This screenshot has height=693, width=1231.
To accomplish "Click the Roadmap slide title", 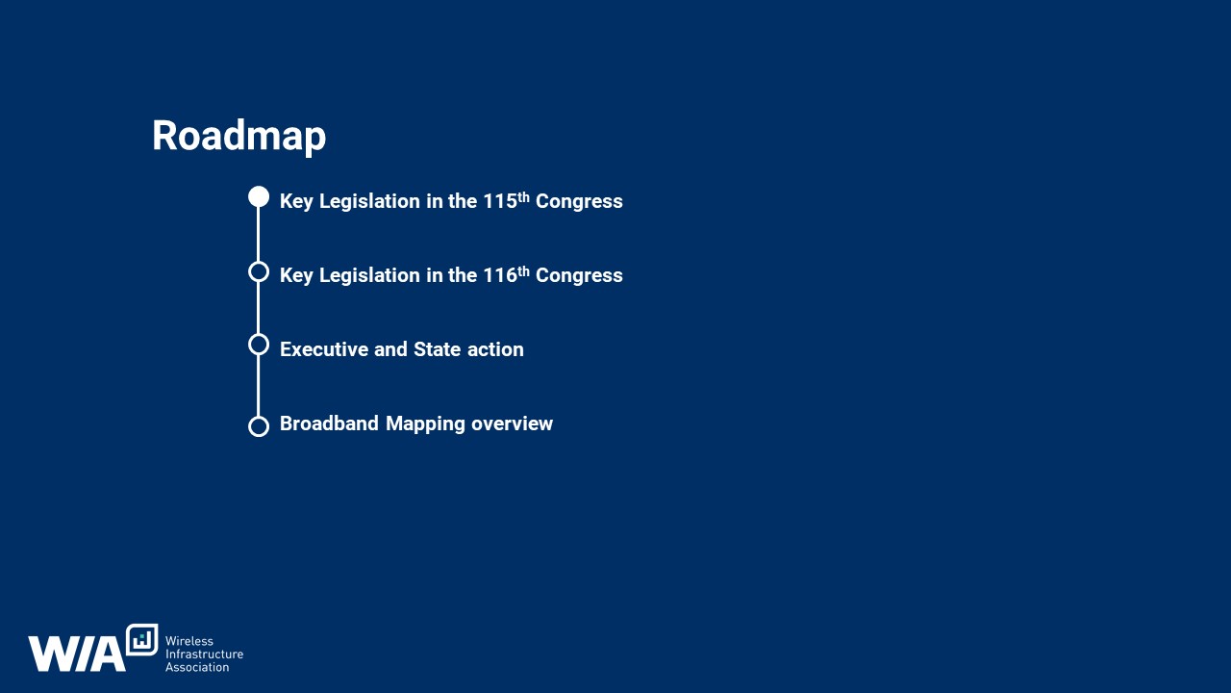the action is click(239, 136).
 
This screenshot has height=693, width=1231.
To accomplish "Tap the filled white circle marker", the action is click(259, 197).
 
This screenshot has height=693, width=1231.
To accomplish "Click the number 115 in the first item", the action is click(499, 201).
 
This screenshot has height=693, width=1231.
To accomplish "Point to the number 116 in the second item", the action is click(499, 275).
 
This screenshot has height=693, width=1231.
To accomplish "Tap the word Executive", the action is click(323, 349).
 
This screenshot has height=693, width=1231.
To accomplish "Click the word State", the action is click(437, 349).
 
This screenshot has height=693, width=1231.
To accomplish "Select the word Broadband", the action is click(329, 423).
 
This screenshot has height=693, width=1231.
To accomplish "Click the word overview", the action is click(512, 424).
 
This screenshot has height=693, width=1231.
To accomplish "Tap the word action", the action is click(495, 349).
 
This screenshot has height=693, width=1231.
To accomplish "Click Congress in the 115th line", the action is click(579, 202).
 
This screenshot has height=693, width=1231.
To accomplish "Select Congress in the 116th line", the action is click(579, 276).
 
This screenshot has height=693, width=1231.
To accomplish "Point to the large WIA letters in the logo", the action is click(77, 654).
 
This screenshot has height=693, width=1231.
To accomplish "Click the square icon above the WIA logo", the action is click(141, 640).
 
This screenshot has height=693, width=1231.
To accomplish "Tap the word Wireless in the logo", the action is click(189, 641).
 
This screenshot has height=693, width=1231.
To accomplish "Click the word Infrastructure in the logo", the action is click(204, 654).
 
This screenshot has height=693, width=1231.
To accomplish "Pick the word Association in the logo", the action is click(197, 667).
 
